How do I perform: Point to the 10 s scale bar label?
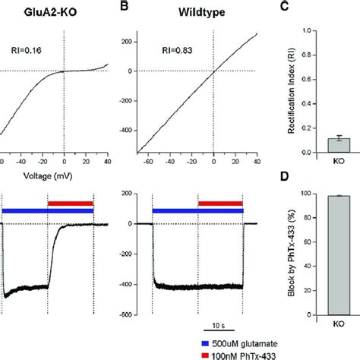tap(219, 326)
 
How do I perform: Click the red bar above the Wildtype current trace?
tap(220, 204)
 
